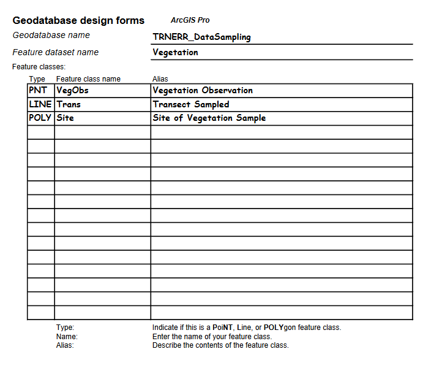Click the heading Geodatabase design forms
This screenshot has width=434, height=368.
point(78,21)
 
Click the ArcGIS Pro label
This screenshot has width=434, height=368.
point(190,20)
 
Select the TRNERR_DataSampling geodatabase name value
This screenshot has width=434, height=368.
point(201,37)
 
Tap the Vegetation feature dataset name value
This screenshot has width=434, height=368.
point(175,52)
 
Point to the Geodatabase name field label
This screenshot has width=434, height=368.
point(51,36)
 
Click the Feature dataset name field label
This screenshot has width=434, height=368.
point(55,52)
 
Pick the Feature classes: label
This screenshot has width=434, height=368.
point(39,66)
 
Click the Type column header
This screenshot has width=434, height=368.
point(37,79)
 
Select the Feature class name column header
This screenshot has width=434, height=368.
point(88,79)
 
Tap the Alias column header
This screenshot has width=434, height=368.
point(160,79)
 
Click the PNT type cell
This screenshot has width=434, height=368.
point(38,90)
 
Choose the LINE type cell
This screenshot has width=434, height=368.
point(40,104)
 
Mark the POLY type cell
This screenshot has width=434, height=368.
point(40,118)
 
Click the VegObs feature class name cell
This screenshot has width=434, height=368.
point(72,90)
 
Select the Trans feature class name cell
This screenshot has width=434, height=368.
point(69,104)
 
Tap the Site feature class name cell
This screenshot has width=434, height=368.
point(65,118)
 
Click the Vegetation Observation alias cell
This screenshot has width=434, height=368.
point(203,90)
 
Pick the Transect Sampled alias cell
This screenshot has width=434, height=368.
point(191,104)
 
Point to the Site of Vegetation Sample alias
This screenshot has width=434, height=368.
point(209,118)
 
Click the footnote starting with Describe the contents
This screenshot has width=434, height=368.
point(220,345)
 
